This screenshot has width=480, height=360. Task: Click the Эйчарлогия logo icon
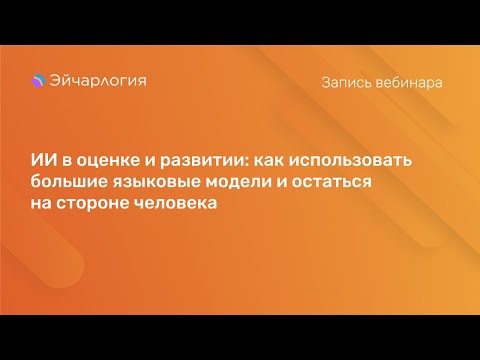[38, 82]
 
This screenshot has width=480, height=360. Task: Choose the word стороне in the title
[94, 204]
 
